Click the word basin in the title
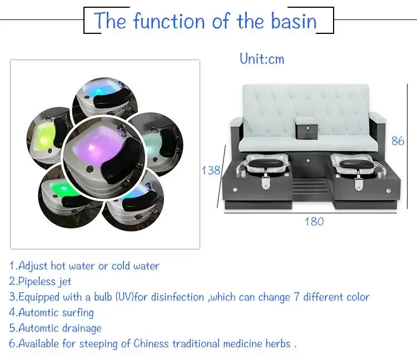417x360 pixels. coord(294,21)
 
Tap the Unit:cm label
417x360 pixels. coord(262,59)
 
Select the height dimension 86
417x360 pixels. coord(398,141)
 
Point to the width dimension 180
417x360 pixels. coord(314,222)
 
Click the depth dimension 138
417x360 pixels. coord(211,171)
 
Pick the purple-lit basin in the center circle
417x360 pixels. coord(104,157)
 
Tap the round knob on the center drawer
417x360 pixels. coord(308,161)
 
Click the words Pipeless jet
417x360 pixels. coord(44,282)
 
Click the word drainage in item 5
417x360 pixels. coord(82,328)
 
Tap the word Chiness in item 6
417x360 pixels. coord(151,343)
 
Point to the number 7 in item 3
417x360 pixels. coord(296,297)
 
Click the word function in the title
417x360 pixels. coord(169,21)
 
